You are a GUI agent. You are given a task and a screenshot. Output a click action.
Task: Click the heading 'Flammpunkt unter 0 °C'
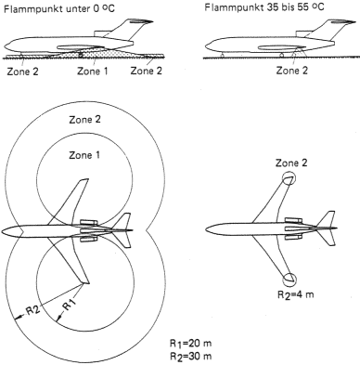click(58, 7)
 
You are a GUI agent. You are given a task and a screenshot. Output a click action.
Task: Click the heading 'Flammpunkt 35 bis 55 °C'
click(264, 7)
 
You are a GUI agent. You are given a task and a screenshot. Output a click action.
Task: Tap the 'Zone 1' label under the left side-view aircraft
click(93, 72)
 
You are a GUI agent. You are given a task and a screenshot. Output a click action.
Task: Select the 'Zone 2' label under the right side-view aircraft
click(292, 71)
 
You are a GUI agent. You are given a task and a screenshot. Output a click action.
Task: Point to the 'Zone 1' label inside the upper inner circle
click(84, 155)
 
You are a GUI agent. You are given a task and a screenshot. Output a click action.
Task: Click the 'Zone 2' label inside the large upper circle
click(84, 120)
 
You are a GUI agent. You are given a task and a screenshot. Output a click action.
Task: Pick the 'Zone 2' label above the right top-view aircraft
click(291, 163)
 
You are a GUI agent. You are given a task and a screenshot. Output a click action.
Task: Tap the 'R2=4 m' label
click(295, 294)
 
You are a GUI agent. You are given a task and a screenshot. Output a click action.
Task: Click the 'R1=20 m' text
click(190, 343)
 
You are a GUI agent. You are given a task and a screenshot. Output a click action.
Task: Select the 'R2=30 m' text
click(190, 356)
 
